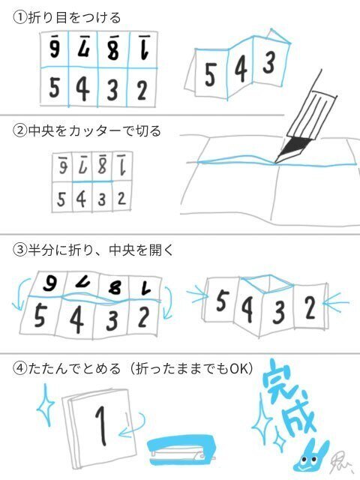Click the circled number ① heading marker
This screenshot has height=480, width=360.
19,17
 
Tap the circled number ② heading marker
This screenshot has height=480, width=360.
19,130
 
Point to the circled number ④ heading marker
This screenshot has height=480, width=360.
19,369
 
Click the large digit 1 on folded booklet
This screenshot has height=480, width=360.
99,424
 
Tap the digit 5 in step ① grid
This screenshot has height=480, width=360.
54,88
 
